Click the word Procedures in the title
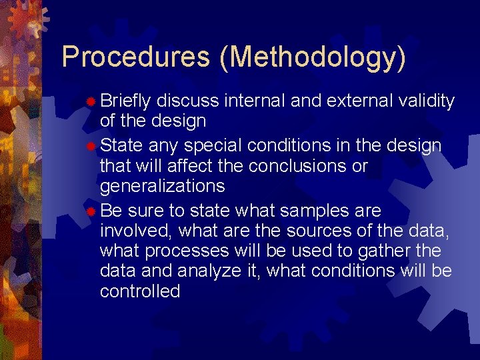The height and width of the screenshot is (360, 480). click(135, 57)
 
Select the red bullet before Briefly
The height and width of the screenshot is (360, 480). click(91, 101)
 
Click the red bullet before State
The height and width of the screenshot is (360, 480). click(91, 145)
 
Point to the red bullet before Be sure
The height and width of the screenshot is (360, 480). click(91, 212)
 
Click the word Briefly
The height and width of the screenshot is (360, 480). click(127, 101)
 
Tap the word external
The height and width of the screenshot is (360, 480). click(359, 101)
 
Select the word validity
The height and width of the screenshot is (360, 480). click(427, 101)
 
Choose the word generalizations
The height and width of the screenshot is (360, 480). click(162, 185)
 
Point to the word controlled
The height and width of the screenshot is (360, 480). click(140, 291)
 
